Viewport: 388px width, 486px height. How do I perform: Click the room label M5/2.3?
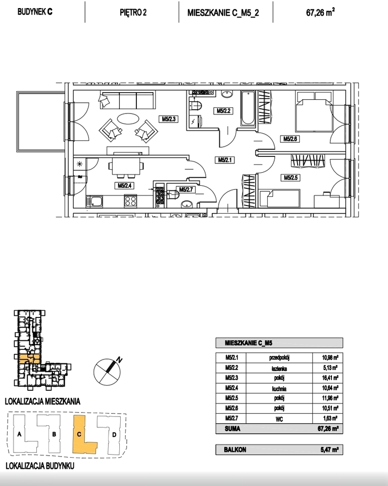pyautogui.click(x=169, y=118)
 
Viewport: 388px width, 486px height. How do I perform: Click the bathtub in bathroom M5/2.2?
pyautogui.click(x=248, y=108)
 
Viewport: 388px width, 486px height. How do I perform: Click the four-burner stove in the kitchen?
pyautogui.click(x=130, y=201)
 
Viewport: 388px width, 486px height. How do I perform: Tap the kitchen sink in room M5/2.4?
pyautogui.click(x=95, y=201)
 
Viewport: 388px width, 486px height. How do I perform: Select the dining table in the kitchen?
pyautogui.click(x=126, y=167)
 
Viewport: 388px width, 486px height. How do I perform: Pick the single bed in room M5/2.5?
pyautogui.click(x=280, y=198)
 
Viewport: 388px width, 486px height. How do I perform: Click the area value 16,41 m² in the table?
pyautogui.click(x=330, y=378)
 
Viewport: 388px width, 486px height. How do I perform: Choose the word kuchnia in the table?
pyautogui.click(x=279, y=388)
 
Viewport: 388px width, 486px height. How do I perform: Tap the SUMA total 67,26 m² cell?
pyautogui.click(x=328, y=429)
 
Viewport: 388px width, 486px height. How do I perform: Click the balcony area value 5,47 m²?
pyautogui.click(x=330, y=450)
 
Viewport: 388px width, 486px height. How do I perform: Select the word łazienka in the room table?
pyautogui.click(x=279, y=368)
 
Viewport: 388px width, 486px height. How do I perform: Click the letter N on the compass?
pyautogui.click(x=119, y=359)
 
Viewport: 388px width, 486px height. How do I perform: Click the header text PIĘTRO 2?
pyautogui.click(x=133, y=12)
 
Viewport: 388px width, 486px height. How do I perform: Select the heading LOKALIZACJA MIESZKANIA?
pyautogui.click(x=42, y=401)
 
